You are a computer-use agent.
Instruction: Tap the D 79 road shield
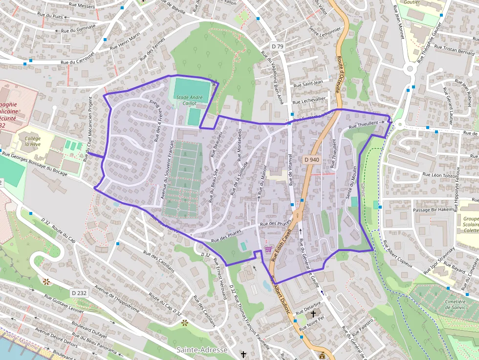pyautogui.click(x=277, y=46)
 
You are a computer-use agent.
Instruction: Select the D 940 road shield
pyautogui.click(x=311, y=159)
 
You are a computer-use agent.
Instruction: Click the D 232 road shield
pyautogui.click(x=79, y=293)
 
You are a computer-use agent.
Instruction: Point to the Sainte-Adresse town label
pyautogui.click(x=202, y=350)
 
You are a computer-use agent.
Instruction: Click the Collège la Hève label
pyautogui.click(x=33, y=141)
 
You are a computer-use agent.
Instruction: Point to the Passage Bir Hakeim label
pyautogui.click(x=434, y=210)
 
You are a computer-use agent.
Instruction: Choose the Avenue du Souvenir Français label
pyautogui.click(x=167, y=169)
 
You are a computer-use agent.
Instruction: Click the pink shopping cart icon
pyautogui.click(x=268, y=249)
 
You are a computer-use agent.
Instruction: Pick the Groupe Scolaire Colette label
pyautogui.click(x=471, y=225)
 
